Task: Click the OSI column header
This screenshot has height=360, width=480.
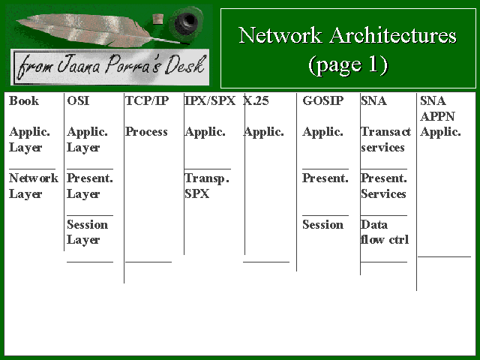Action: pos(78,100)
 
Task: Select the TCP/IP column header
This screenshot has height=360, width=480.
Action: pos(147,100)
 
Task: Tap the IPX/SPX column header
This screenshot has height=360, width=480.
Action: pos(210,100)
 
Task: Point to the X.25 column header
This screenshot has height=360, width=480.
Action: pos(256,100)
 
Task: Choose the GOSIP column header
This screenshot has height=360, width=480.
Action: pos(323,100)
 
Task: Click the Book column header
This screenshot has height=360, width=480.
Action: pos(24,100)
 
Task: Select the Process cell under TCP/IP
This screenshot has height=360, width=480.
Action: pos(146,132)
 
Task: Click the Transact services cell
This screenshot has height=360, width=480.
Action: pos(385,139)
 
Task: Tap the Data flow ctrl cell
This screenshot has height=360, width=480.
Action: pos(385,232)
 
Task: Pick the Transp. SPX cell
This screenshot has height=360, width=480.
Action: pos(207,186)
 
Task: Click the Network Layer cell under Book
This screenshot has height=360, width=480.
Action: pos(34,186)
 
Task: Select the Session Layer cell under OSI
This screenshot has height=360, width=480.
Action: pos(87,232)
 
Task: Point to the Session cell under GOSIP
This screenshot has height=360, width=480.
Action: pos(322,225)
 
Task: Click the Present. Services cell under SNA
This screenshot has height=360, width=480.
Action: pos(384,186)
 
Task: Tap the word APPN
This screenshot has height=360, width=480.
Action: pos(437,116)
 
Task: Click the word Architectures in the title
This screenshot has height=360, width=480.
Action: pos(393,35)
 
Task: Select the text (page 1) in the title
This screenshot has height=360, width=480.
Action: pos(348,65)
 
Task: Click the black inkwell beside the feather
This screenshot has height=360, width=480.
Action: pos(185,22)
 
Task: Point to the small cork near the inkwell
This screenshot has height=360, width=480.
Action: pos(157,19)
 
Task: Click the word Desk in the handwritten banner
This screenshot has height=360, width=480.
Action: pos(185,65)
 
